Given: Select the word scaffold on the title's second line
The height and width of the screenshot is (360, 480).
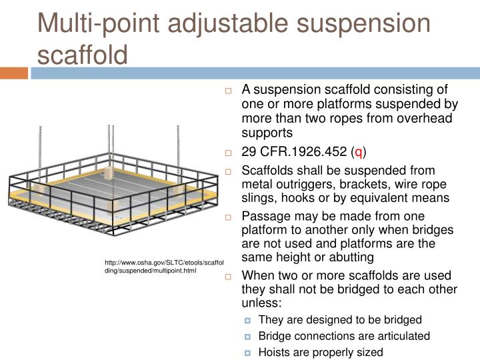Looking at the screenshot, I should pyautogui.click(x=82, y=53).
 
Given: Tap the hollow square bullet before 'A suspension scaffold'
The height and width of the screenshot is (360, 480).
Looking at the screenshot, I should pyautogui.click(x=228, y=90).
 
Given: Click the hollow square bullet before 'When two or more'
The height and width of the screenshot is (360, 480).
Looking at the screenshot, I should pyautogui.click(x=228, y=277).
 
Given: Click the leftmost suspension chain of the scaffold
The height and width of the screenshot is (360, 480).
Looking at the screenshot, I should pyautogui.click(x=41, y=150).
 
